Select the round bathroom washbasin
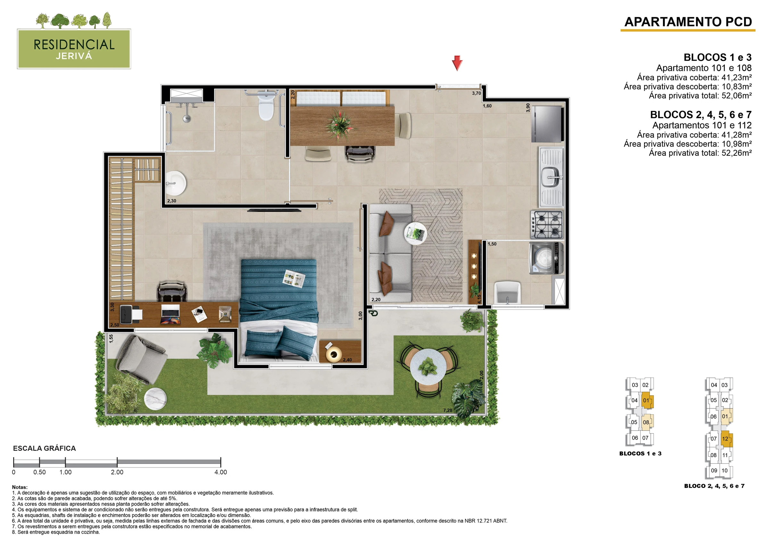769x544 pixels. pyautogui.click(x=176, y=183)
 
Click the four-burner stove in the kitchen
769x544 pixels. pyautogui.click(x=547, y=225)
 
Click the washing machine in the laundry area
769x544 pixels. pyautogui.click(x=546, y=258)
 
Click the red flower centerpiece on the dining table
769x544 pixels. pyautogui.click(x=340, y=125)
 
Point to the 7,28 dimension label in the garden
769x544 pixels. pyautogui.click(x=448, y=410)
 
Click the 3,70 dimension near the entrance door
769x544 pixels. pyautogui.click(x=476, y=93)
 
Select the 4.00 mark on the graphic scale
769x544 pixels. pyautogui.click(x=221, y=472)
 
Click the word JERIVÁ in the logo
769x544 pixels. pyautogui.click(x=74, y=56)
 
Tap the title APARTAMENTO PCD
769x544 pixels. pyautogui.click(x=688, y=22)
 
